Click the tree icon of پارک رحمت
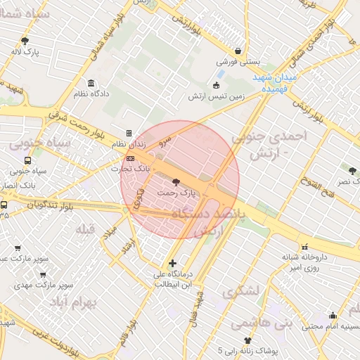(x=175, y=181)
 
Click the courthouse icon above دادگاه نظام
(x=91, y=83)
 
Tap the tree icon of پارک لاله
(x=25, y=41)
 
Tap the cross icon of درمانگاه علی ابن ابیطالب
(x=173, y=263)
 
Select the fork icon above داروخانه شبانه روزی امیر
(x=304, y=247)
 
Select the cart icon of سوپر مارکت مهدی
(x=44, y=274)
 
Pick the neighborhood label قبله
(x=85, y=229)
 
